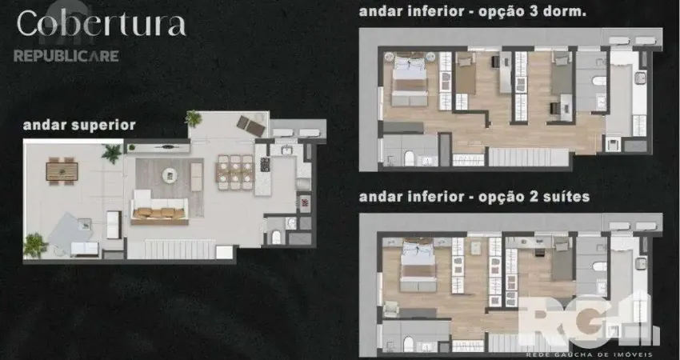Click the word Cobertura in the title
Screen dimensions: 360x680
(x=101, y=24)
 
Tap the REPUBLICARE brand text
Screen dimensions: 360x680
(x=66, y=56)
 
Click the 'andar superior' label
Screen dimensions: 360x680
(x=78, y=125)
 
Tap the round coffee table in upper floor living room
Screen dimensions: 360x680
(x=168, y=174)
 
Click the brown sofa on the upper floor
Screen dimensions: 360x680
(x=158, y=212)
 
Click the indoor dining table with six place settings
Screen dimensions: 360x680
(x=235, y=172)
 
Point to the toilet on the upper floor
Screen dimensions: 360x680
(x=276, y=236)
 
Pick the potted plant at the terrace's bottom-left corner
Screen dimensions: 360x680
(x=34, y=244)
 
